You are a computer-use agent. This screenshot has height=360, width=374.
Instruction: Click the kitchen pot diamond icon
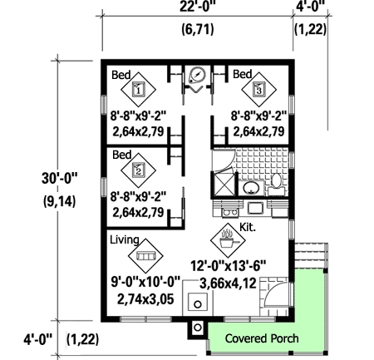tap(227, 239)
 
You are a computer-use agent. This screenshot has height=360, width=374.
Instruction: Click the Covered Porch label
tap(262, 338)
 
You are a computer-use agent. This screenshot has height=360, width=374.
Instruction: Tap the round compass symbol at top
tap(196, 74)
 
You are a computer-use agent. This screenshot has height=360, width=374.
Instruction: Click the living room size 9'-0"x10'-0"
tap(145, 282)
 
